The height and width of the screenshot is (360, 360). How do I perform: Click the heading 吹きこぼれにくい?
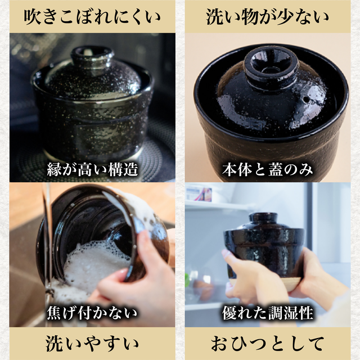(92, 17)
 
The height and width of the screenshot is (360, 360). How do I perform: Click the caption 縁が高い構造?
(92, 168)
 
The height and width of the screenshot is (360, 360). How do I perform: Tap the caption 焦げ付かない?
(92, 313)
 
